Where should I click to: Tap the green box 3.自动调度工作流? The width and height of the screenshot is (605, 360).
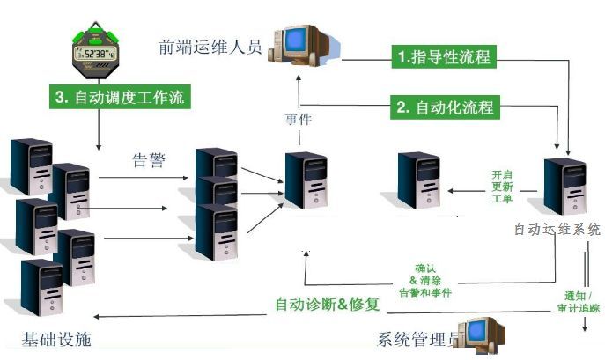119,97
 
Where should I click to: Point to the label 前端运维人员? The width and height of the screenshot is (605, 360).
210,47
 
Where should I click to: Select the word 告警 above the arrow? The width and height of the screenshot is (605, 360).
148,159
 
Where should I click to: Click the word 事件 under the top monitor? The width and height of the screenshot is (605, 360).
299,117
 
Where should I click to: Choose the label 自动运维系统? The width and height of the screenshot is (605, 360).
557,229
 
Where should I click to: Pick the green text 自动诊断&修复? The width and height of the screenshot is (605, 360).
327,305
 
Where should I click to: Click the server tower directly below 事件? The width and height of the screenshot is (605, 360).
306,180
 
